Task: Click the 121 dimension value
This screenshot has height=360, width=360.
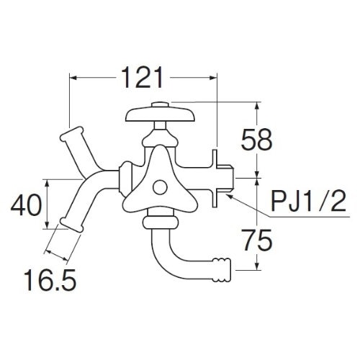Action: (143, 78)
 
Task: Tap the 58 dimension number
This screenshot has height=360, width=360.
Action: (256, 140)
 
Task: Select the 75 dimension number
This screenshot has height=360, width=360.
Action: (257, 240)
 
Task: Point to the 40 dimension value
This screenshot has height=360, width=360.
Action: (26, 204)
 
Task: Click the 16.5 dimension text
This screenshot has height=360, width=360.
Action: (50, 280)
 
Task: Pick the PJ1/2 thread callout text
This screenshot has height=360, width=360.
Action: (308, 201)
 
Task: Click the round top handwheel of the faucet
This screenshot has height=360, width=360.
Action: (161, 115)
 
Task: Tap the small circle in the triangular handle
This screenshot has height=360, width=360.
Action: (160, 187)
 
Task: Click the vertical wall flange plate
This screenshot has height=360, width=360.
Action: (215, 178)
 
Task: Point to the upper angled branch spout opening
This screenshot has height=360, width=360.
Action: (71, 134)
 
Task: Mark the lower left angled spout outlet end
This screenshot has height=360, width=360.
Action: (71, 225)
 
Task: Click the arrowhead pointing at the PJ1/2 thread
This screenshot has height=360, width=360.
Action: (229, 197)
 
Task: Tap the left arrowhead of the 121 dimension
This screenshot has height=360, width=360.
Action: (73, 78)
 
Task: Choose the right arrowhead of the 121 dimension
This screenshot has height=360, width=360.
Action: (213, 78)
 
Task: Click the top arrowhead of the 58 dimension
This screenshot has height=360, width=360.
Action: (257, 106)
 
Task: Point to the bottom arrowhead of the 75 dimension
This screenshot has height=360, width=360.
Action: (257, 266)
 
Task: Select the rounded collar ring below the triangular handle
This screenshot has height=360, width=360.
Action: (161, 222)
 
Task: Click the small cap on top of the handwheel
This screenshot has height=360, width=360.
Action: (161, 104)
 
